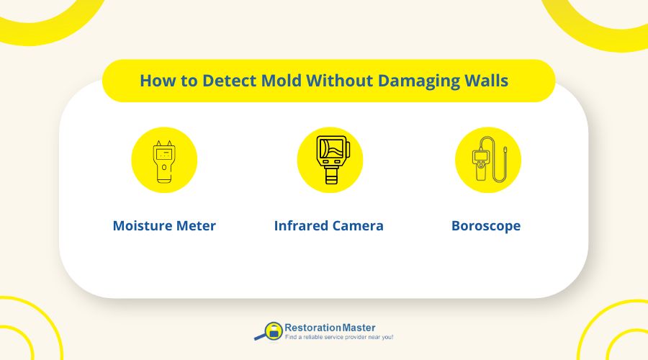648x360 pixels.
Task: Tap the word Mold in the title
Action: [x=260, y=81]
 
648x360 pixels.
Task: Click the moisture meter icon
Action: [x=163, y=161]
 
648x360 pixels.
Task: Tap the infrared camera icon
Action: [x=330, y=161]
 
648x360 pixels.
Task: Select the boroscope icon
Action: [x=487, y=161]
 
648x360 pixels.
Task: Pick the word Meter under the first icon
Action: [x=195, y=225]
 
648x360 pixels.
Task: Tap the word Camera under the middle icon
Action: [x=358, y=225]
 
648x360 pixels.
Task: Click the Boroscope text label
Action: [x=486, y=225]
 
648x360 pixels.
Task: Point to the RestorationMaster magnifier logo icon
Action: [x=269, y=331]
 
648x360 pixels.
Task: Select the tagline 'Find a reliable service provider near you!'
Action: [x=338, y=337]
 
